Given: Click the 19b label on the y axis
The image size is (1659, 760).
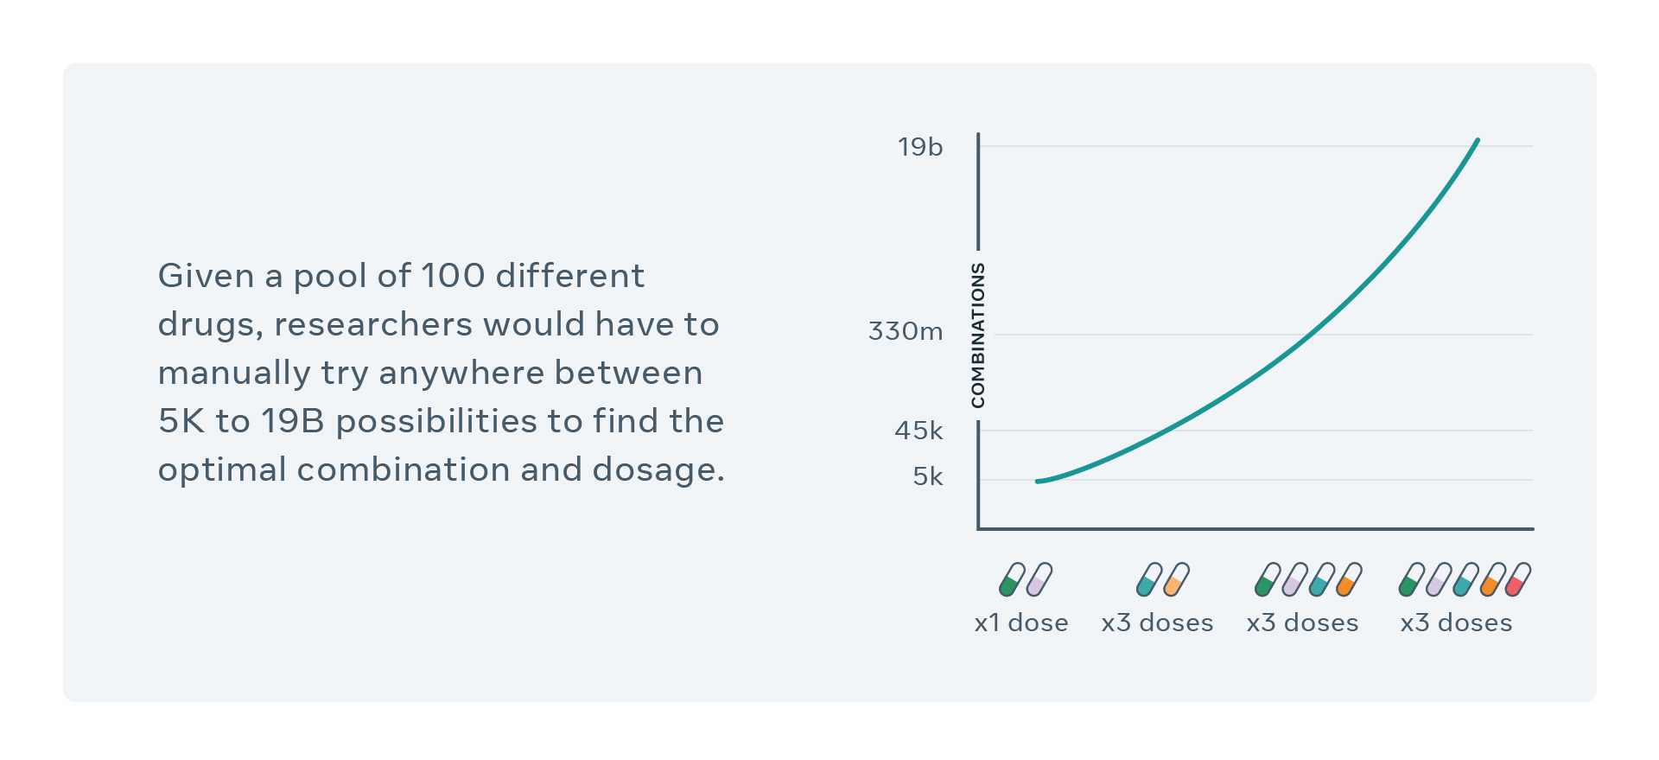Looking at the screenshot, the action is (920, 147).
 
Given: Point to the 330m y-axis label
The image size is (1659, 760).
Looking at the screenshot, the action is (906, 331).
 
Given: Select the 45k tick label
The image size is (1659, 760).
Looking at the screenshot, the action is (918, 431).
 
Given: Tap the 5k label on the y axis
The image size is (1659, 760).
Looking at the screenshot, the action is (928, 476).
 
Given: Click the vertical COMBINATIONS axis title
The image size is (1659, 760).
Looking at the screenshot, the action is (978, 335).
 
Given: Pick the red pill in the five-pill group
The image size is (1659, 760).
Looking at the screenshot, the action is (1517, 579).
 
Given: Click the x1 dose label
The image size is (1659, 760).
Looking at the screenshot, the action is (1021, 623).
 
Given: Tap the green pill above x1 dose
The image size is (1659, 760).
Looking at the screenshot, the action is (1012, 579).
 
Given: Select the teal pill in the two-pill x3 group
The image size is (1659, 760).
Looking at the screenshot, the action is (1149, 579).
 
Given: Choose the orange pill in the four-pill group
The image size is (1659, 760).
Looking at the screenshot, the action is (1349, 579).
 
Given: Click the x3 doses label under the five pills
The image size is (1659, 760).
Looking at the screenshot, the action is (1456, 623).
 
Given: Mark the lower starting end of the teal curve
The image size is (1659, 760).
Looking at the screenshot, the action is (1038, 482).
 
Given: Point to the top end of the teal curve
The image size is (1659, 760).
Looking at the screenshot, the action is (1478, 140).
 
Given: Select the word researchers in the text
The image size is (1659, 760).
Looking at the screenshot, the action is (373, 324).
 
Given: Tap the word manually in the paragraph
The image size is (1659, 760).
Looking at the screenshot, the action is (234, 373).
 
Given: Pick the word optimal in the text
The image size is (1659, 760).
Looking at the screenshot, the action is (222, 469).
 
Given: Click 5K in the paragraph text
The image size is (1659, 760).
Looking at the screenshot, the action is (181, 421).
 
